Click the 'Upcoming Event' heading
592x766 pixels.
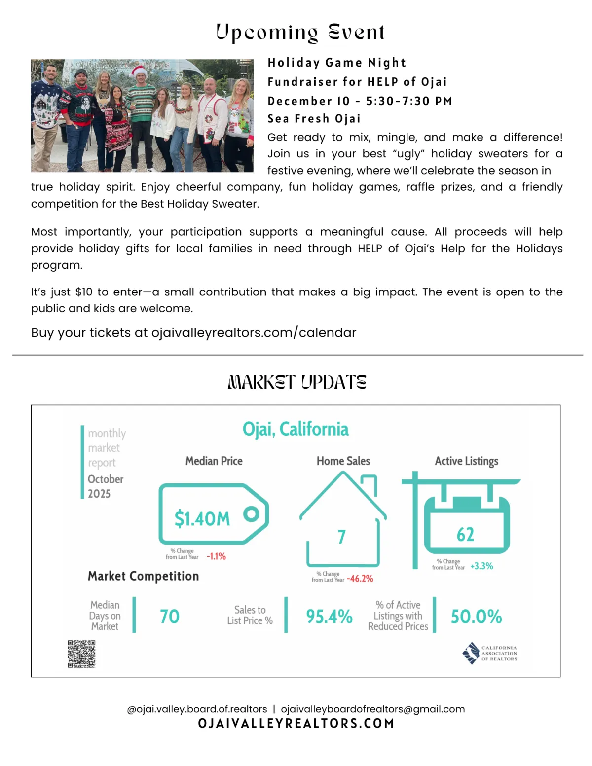point(300,32)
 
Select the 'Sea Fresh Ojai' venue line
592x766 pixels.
point(314,119)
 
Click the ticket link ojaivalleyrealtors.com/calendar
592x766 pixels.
point(254,333)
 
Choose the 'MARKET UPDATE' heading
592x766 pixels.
point(297,382)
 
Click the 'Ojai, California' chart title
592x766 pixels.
point(295,429)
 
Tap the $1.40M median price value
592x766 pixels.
point(202,519)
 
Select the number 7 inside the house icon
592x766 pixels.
point(341,537)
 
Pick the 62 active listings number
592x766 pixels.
point(465,535)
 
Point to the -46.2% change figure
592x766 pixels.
point(360,579)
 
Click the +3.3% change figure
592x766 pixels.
point(481,566)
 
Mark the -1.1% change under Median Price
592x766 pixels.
point(216,556)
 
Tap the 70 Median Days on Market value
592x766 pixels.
point(170,617)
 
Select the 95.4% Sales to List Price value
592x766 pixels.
point(329,617)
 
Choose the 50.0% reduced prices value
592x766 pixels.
point(476,617)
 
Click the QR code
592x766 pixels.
point(81,654)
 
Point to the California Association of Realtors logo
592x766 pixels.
point(490,653)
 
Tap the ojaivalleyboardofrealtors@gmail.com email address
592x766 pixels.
point(372,709)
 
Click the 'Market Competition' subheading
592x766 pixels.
point(143,576)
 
